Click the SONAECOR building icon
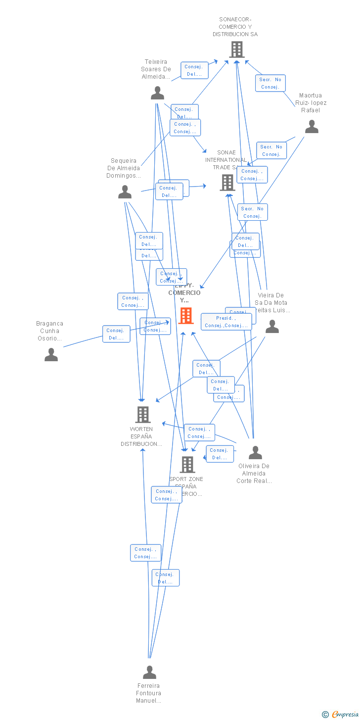[x=236, y=49]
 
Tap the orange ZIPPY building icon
[x=186, y=315]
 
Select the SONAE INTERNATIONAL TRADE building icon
[x=227, y=182]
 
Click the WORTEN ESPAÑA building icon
[x=142, y=414]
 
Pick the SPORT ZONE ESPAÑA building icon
[x=187, y=464]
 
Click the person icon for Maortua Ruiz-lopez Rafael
[x=312, y=127]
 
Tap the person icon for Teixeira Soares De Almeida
[x=157, y=93]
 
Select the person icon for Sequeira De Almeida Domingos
[x=125, y=192]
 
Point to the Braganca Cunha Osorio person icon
[x=51, y=354]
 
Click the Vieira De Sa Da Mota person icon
[x=272, y=326]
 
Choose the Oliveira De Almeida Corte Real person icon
[x=255, y=452]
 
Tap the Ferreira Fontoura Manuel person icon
[x=149, y=672]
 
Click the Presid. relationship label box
[x=225, y=322]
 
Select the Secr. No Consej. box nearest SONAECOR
[x=270, y=83]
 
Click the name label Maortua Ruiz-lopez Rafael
[x=311, y=103]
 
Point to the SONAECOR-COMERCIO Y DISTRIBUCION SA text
[x=235, y=27]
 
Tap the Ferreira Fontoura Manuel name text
[x=148, y=693]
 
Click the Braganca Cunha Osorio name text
[x=50, y=331]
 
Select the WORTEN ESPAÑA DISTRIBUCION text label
[x=141, y=436]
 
